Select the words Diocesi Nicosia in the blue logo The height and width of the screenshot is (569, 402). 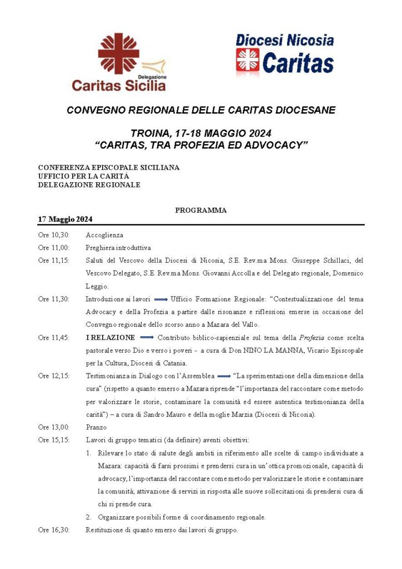[285, 40]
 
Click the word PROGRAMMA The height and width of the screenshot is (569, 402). [201, 211]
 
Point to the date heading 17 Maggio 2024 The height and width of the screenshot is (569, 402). [65, 219]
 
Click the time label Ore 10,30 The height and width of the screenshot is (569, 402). [54, 235]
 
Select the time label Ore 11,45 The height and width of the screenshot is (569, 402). [54, 337]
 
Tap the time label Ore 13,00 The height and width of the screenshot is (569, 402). [54, 427]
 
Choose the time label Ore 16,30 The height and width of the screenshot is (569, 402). [54, 530]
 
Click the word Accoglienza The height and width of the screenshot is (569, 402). [104, 235]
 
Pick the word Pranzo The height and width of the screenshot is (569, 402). [96, 427]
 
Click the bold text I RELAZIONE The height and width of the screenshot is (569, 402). [110, 337]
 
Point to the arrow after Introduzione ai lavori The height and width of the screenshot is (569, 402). [160, 299]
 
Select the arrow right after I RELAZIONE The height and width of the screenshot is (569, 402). [147, 337]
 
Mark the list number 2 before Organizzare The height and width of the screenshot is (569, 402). [89, 517]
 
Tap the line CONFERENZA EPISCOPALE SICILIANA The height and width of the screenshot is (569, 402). [109, 167]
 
